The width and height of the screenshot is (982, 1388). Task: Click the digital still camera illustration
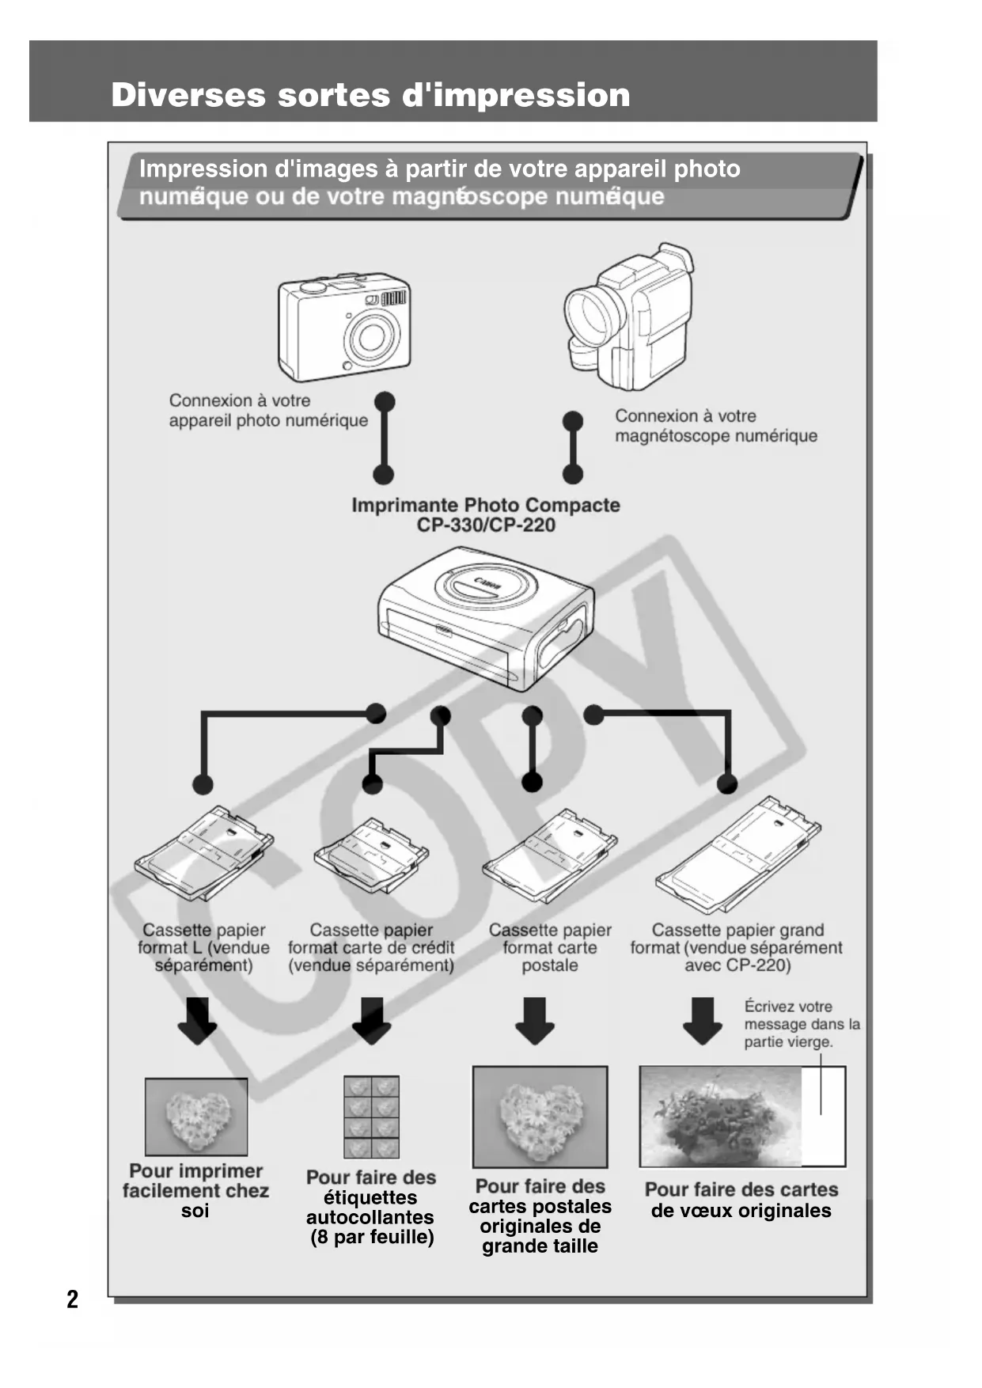(344, 328)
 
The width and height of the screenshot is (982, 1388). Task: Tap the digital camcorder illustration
(629, 317)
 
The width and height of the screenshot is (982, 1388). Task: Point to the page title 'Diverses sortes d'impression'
(370, 95)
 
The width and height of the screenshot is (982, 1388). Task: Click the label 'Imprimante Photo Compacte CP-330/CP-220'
(486, 514)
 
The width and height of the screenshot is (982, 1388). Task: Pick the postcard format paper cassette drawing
(549, 853)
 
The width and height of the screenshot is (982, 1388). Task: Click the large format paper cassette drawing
(737, 851)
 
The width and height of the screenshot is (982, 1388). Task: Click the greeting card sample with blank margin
(742, 1117)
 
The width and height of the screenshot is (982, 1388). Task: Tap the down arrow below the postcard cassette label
(535, 1021)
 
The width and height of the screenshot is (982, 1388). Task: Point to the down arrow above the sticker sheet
(371, 1021)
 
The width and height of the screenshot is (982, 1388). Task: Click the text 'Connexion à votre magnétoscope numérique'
(715, 426)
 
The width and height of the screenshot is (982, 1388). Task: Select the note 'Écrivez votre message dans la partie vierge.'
(801, 1024)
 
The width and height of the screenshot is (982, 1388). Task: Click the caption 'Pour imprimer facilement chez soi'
(195, 1190)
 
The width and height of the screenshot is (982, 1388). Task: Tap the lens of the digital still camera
(369, 337)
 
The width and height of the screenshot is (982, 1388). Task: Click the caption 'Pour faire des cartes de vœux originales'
(741, 1200)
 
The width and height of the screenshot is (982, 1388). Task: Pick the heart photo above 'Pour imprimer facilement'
(196, 1117)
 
